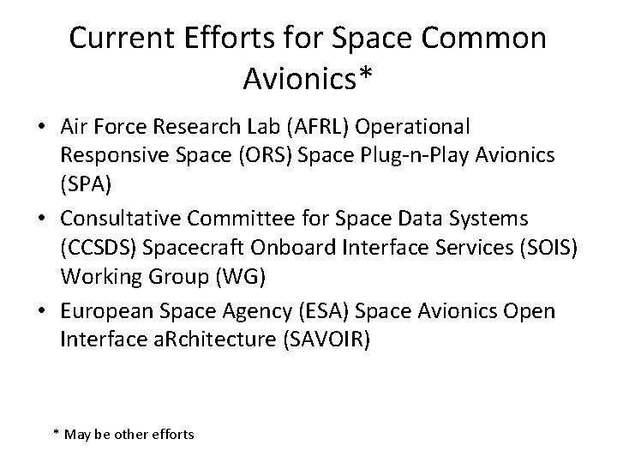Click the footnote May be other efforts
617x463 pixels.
[x=124, y=435]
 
